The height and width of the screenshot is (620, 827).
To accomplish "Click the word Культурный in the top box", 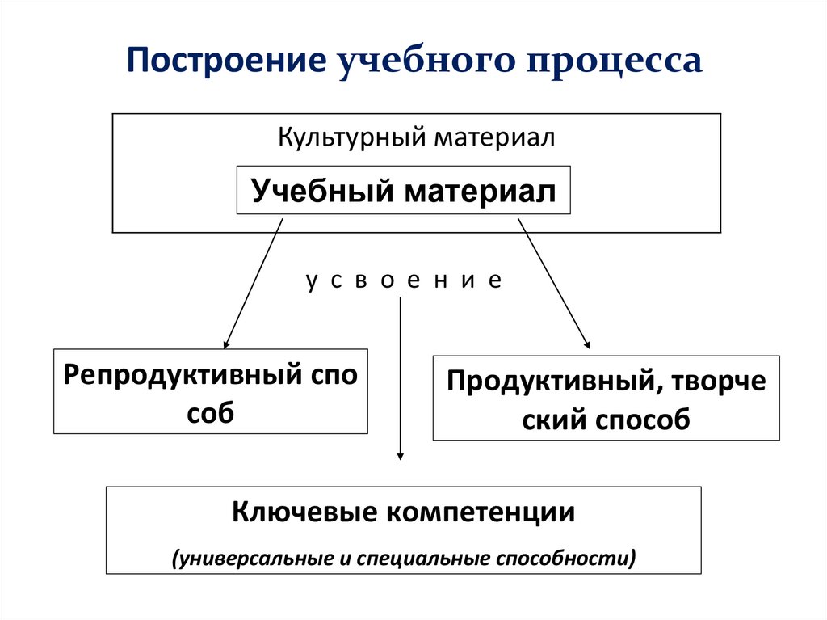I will coord(352,137).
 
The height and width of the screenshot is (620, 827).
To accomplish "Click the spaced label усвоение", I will coord(404,280).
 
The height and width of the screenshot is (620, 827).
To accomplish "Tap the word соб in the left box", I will coord(210,412).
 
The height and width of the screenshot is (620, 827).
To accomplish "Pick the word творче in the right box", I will coord(720,382).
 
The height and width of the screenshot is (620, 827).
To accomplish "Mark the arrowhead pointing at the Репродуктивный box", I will coord(227,342).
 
